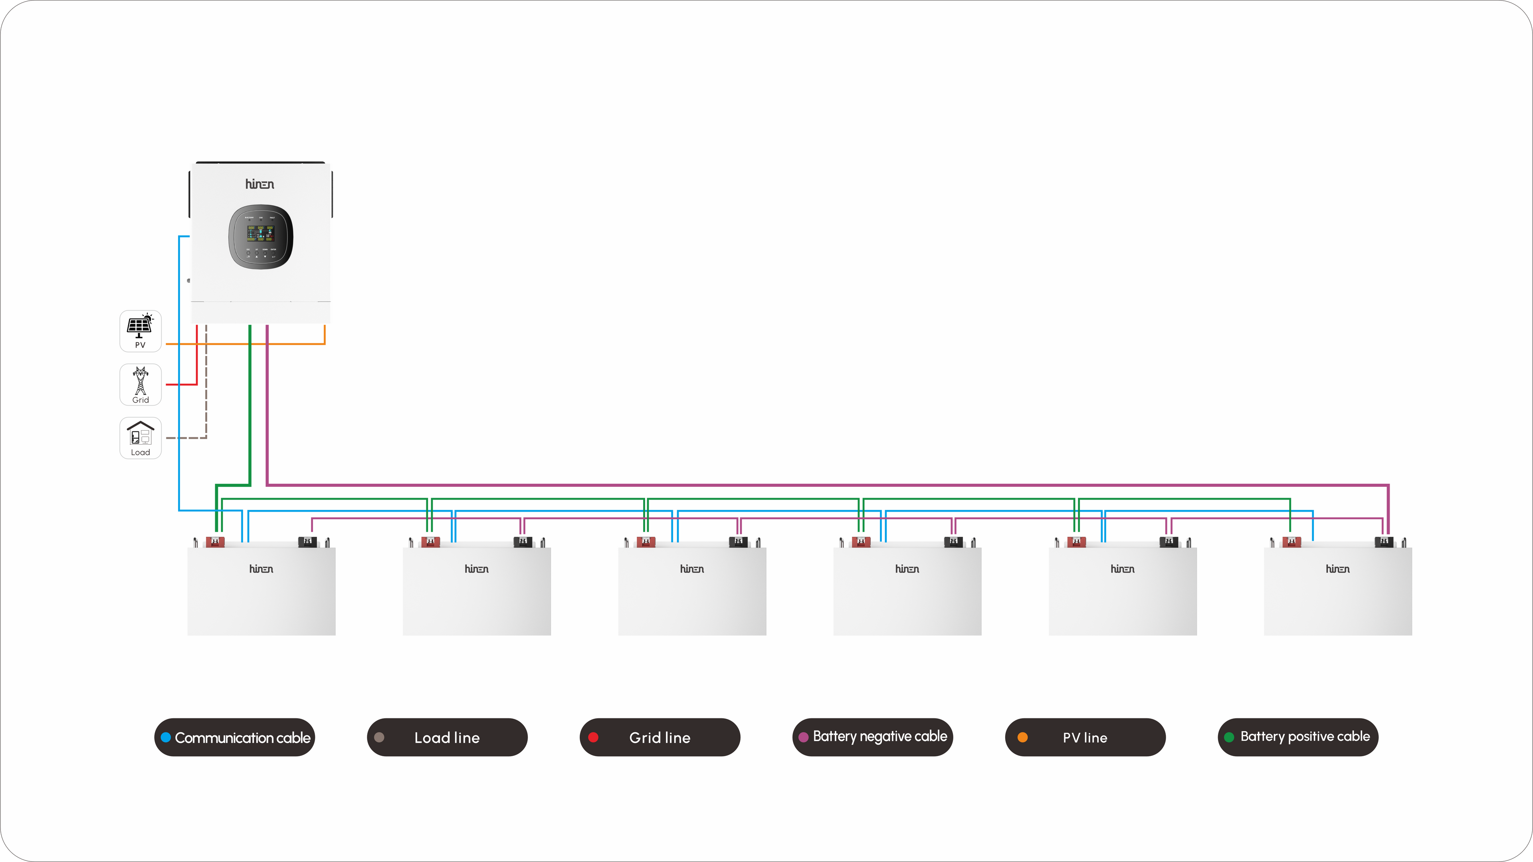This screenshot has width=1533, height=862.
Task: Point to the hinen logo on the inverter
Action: coord(260,184)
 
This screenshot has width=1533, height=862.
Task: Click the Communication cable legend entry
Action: coord(234,737)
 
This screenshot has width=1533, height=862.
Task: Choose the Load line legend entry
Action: coord(447,737)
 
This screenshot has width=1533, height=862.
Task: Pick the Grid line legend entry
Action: coord(660,737)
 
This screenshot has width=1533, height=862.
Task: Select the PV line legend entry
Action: coord(1085,737)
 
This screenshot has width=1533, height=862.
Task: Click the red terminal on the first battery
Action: coord(215,542)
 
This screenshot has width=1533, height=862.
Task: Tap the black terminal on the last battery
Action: coord(1384,542)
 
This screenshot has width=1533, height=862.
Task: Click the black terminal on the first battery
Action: coord(307,542)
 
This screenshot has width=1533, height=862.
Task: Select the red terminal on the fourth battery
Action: coord(861,542)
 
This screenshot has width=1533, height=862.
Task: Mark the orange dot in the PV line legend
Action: coord(1022,737)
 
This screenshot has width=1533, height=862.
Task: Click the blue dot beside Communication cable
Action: coord(166,737)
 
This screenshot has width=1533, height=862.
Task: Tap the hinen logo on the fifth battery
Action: coord(1122,569)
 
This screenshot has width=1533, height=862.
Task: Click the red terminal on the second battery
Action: coord(430,542)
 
